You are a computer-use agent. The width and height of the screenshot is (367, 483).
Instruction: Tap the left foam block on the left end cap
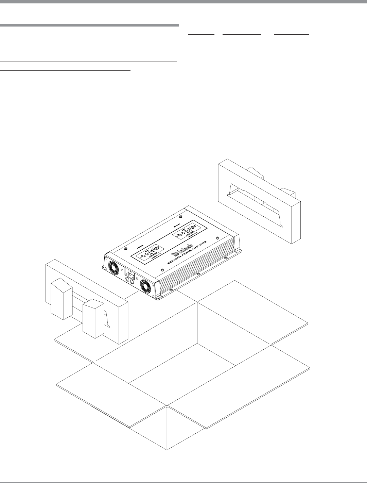point(61,299)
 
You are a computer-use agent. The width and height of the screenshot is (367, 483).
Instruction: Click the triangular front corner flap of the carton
point(167,429)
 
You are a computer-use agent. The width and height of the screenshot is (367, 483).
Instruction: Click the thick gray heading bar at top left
point(89,25)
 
